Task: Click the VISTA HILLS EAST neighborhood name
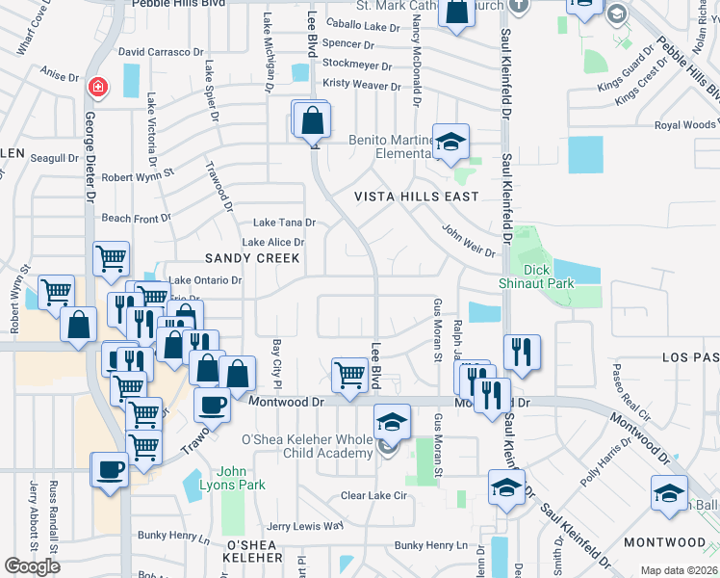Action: point(416,197)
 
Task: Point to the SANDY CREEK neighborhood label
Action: point(252,258)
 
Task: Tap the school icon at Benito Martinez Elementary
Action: point(450,143)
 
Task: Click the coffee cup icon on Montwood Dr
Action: point(212,405)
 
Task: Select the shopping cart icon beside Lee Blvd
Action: point(348,374)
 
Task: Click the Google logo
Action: point(33,566)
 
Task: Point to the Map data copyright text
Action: point(678,570)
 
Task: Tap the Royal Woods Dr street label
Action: point(685,125)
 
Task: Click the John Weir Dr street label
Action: point(468,241)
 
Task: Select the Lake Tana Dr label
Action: point(284,223)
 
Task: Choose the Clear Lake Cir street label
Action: point(374,495)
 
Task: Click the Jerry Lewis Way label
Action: point(304,526)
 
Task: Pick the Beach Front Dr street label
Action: point(129,218)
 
